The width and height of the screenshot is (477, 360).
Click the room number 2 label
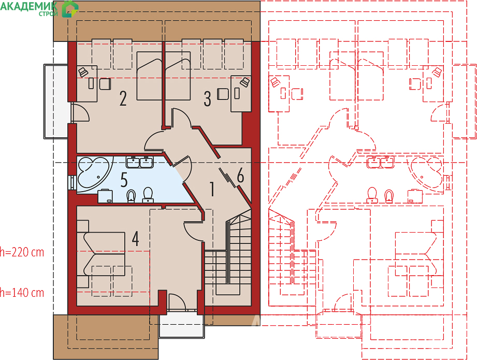click(x=123, y=98)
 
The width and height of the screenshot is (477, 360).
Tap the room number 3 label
click(x=207, y=99)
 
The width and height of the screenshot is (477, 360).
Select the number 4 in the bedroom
click(x=135, y=239)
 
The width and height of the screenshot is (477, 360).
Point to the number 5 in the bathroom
click(x=124, y=180)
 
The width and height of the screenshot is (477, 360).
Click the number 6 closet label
click(x=240, y=176)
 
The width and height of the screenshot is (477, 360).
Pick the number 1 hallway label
click(x=212, y=189)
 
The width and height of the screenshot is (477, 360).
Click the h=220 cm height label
click(x=22, y=252)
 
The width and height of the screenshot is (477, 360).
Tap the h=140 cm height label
click(x=22, y=293)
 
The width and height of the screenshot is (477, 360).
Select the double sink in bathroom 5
click(x=140, y=162)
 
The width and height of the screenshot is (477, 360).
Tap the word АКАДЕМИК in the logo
click(x=28, y=6)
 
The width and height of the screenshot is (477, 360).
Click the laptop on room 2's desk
click(x=83, y=73)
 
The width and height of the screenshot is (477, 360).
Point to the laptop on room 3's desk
click(x=244, y=82)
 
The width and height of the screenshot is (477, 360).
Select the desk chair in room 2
click(x=105, y=84)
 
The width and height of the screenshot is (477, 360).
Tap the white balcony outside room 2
click(x=55, y=102)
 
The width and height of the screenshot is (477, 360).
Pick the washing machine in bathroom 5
click(x=105, y=196)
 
